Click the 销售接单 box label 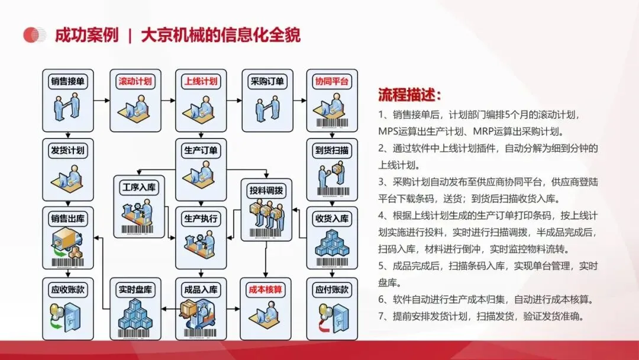tap(67, 81)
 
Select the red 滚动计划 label tap(135, 81)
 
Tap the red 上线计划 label tap(201, 81)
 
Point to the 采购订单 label tap(267, 81)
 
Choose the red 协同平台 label tap(332, 81)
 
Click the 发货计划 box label tap(67, 150)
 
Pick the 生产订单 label tap(201, 150)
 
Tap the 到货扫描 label tap(332, 150)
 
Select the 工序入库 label tap(139, 187)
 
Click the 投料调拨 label tap(266, 191)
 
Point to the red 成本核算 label tap(265, 290)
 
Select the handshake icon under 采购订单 tap(267, 108)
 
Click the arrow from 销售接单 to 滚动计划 tap(102, 100)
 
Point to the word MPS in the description tap(387, 131)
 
